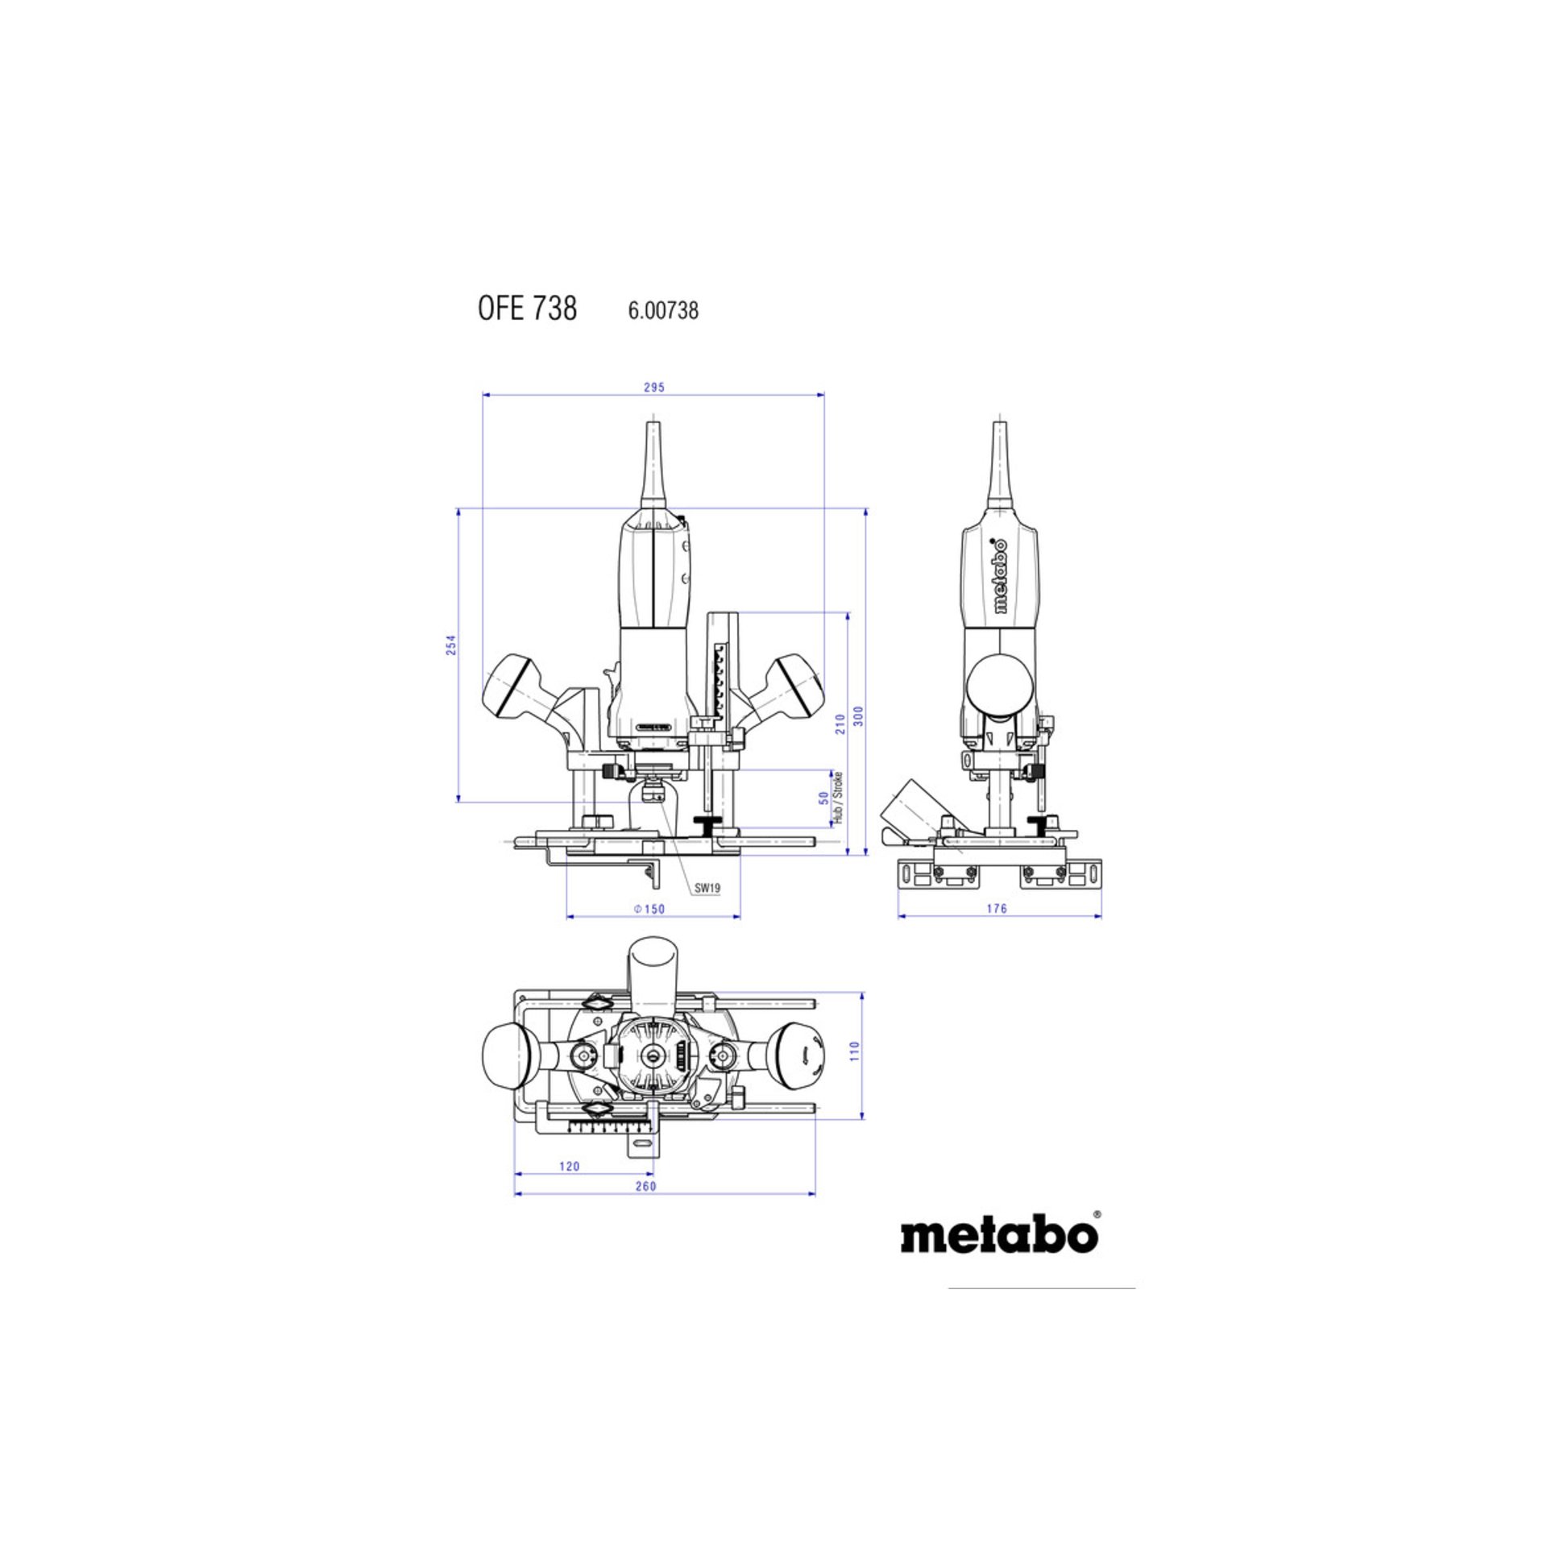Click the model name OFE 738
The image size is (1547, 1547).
pos(527,309)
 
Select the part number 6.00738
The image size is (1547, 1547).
pos(662,310)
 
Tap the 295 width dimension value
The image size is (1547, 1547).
pos(654,388)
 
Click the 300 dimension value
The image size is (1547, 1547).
pos(859,715)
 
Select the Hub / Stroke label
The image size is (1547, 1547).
pos(838,797)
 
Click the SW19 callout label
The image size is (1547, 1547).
pos(707,888)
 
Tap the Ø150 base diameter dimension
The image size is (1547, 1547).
pos(649,909)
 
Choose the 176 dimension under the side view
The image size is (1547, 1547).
pos(997,908)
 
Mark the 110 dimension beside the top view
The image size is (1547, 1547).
pos(855,1051)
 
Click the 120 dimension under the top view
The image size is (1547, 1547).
pos(569,1166)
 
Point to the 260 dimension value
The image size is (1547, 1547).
pos(645,1186)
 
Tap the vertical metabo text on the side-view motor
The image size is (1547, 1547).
pos(1000,576)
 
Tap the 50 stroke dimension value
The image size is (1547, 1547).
pos(823,798)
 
